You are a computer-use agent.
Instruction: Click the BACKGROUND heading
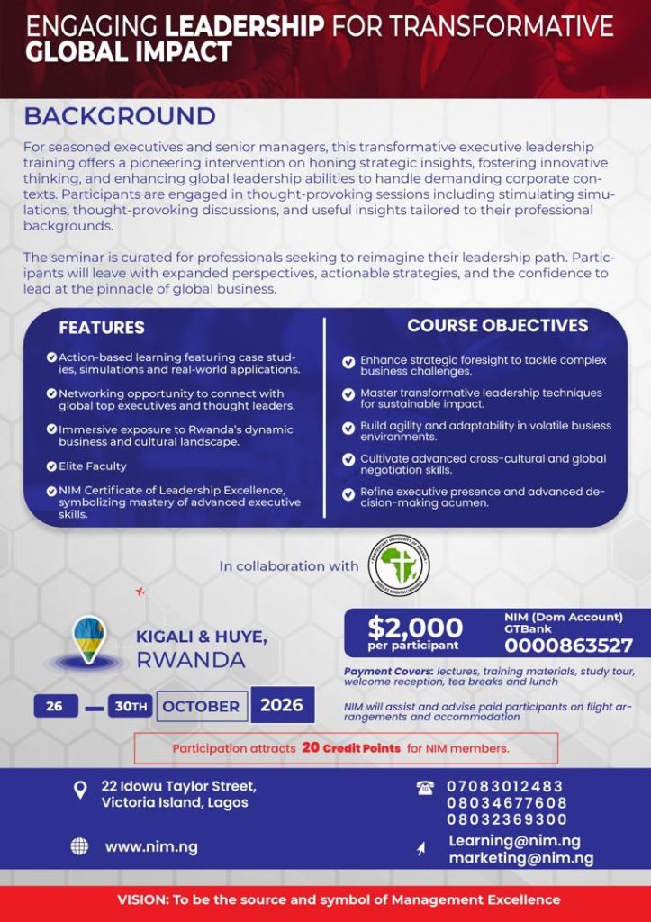pos(120,117)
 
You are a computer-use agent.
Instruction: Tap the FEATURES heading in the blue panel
pos(102,328)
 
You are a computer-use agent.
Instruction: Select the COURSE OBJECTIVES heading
pos(497,325)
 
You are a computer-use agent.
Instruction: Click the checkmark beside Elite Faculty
pos(51,466)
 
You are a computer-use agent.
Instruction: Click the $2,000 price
pos(414,627)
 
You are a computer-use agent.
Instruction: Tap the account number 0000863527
pos(568,646)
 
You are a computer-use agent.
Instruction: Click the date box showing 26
pos(55,706)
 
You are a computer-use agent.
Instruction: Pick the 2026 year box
pos(282,705)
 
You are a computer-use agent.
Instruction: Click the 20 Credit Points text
pos(351,748)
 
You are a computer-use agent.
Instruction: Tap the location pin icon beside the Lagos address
pos(80,791)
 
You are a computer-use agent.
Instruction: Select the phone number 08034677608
pos(507,803)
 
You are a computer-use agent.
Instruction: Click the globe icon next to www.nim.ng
pos(79,846)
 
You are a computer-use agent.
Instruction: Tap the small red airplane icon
pos(140,592)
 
